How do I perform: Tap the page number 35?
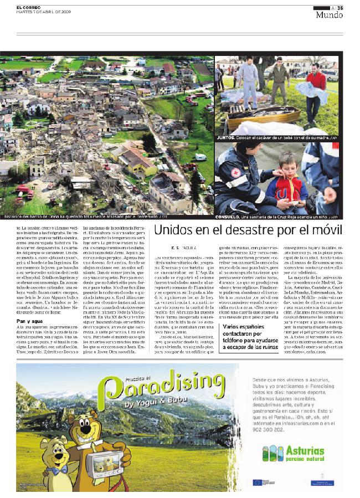pos(340,7)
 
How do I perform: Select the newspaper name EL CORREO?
pos(27,7)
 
